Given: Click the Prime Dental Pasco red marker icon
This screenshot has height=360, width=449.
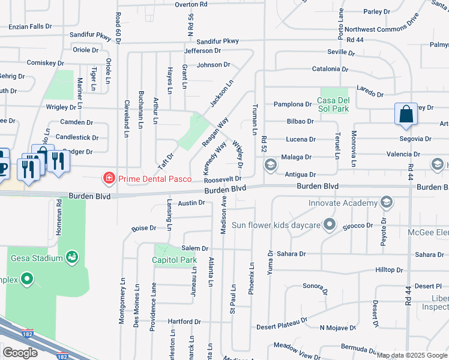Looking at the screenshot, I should point(109,178).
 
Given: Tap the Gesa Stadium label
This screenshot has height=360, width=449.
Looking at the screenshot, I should point(37,258).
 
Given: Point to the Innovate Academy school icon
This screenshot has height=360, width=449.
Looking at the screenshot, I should point(387,202).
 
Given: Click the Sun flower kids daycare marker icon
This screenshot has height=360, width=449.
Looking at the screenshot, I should point(329,225).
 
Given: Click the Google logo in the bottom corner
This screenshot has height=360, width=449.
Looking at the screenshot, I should point(20,353).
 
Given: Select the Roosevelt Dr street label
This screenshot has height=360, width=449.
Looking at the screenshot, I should point(223,179).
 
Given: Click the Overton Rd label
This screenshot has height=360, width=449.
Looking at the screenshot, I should point(191,4).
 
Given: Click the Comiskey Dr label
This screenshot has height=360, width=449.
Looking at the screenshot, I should point(46,62).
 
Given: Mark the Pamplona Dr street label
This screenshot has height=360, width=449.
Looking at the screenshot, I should point(292,104).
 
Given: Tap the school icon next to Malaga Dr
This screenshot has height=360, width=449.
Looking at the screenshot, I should point(270,164).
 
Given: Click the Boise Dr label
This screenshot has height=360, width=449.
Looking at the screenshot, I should point(144,228).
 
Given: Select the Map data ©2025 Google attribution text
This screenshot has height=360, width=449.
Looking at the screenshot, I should point(412,355).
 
